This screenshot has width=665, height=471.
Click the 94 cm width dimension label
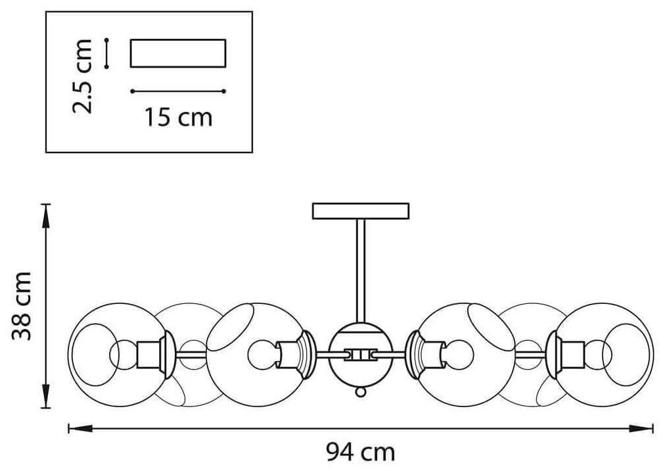click(x=361, y=452)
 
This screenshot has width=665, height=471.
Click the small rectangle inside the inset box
click(x=179, y=53)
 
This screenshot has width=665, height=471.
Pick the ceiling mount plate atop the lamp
click(x=361, y=211)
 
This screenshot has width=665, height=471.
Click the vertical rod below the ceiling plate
click(x=361, y=270)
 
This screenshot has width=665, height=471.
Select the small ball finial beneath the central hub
click(x=360, y=393)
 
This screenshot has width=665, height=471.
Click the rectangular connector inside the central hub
click(x=360, y=354)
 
